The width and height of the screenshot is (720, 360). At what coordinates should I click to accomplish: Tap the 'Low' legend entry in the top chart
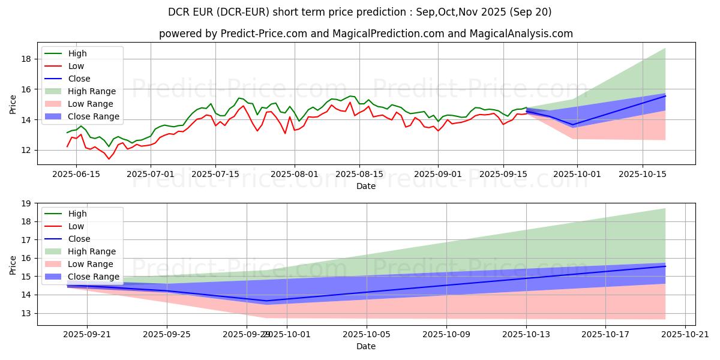point(76,66)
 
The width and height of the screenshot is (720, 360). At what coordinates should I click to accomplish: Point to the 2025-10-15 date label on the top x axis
point(643,174)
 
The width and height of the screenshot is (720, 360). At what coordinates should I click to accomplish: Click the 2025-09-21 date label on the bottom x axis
point(87,334)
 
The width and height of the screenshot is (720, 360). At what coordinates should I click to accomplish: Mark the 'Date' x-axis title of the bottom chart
point(366,346)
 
